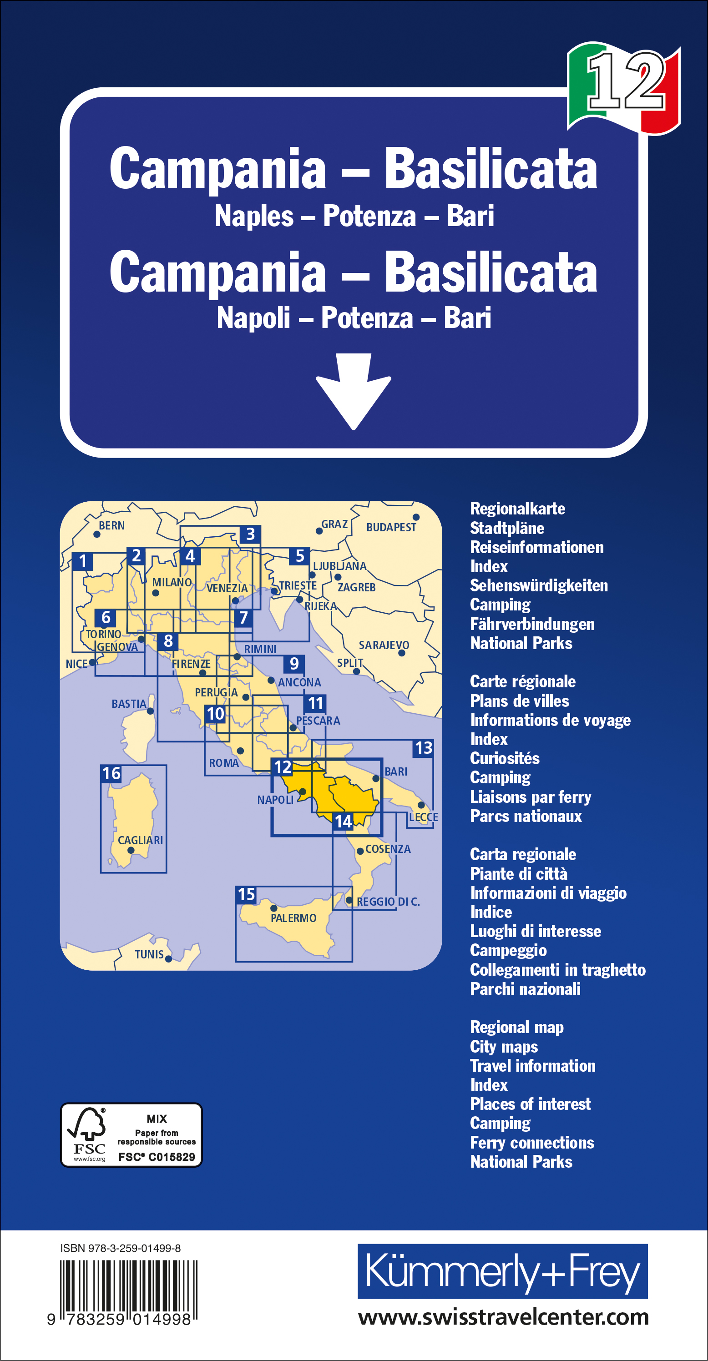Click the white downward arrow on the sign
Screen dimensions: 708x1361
click(354, 391)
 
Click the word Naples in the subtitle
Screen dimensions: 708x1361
click(254, 216)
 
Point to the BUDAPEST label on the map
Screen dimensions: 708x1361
click(391, 527)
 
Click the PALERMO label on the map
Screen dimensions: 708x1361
click(293, 918)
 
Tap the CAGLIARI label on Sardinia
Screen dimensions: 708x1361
click(140, 840)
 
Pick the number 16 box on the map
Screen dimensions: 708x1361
click(111, 773)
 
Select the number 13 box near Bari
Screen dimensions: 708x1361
click(423, 748)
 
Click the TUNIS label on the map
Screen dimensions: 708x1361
click(149, 954)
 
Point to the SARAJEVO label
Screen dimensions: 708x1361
click(384, 645)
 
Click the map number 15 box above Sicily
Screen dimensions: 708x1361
click(246, 894)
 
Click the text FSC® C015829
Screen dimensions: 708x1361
click(157, 1157)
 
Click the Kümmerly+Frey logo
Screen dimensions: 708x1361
click(502, 1271)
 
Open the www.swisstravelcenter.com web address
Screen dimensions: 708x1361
click(503, 1317)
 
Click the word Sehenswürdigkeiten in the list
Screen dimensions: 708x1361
click(539, 585)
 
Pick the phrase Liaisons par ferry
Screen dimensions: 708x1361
click(531, 797)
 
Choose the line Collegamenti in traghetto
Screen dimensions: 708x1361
click(558, 969)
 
